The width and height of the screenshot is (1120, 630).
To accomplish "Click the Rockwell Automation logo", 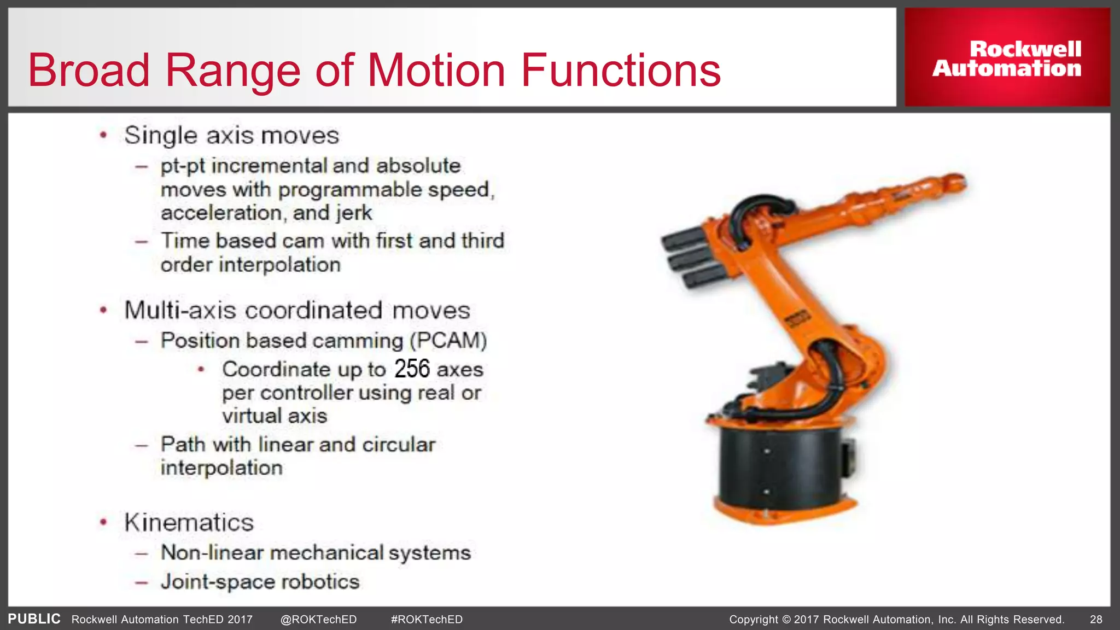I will coord(1007,58).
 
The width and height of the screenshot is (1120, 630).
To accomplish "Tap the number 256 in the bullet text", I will coord(412,369).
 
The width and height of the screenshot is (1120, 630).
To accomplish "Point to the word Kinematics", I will coord(189,522).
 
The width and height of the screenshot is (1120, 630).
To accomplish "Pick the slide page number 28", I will coord(1096,620).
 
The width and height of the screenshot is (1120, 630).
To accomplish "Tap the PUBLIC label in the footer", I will coord(34,619).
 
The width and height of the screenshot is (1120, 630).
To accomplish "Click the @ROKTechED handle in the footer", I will coord(318,620).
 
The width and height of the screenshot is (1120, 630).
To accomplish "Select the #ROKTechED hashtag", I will coord(427,620).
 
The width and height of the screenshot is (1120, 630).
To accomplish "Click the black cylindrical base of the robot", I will coord(777,465).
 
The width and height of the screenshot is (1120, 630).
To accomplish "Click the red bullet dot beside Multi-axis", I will coord(103,311).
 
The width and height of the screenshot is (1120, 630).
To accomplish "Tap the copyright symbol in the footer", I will coord(786,620).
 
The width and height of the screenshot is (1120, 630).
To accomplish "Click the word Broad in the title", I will coord(89,71).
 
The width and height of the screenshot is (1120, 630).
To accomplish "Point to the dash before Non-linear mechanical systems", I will coord(142,553).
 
